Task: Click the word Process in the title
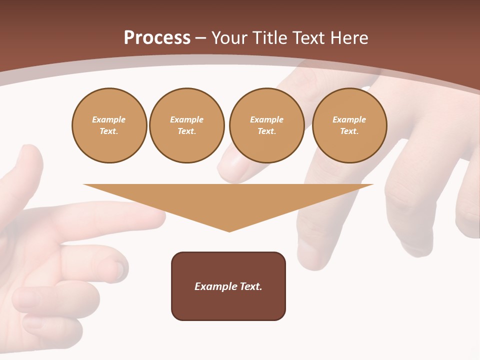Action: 157,38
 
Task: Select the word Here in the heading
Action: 348,38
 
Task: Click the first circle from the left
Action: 109,125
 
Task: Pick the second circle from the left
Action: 187,125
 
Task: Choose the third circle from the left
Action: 267,125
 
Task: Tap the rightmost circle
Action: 349,125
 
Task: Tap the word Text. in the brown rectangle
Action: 250,286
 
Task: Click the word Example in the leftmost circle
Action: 109,119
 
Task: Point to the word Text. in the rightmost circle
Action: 349,131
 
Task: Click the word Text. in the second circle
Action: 187,131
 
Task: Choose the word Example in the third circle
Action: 267,119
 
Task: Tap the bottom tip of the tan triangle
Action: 229,230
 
